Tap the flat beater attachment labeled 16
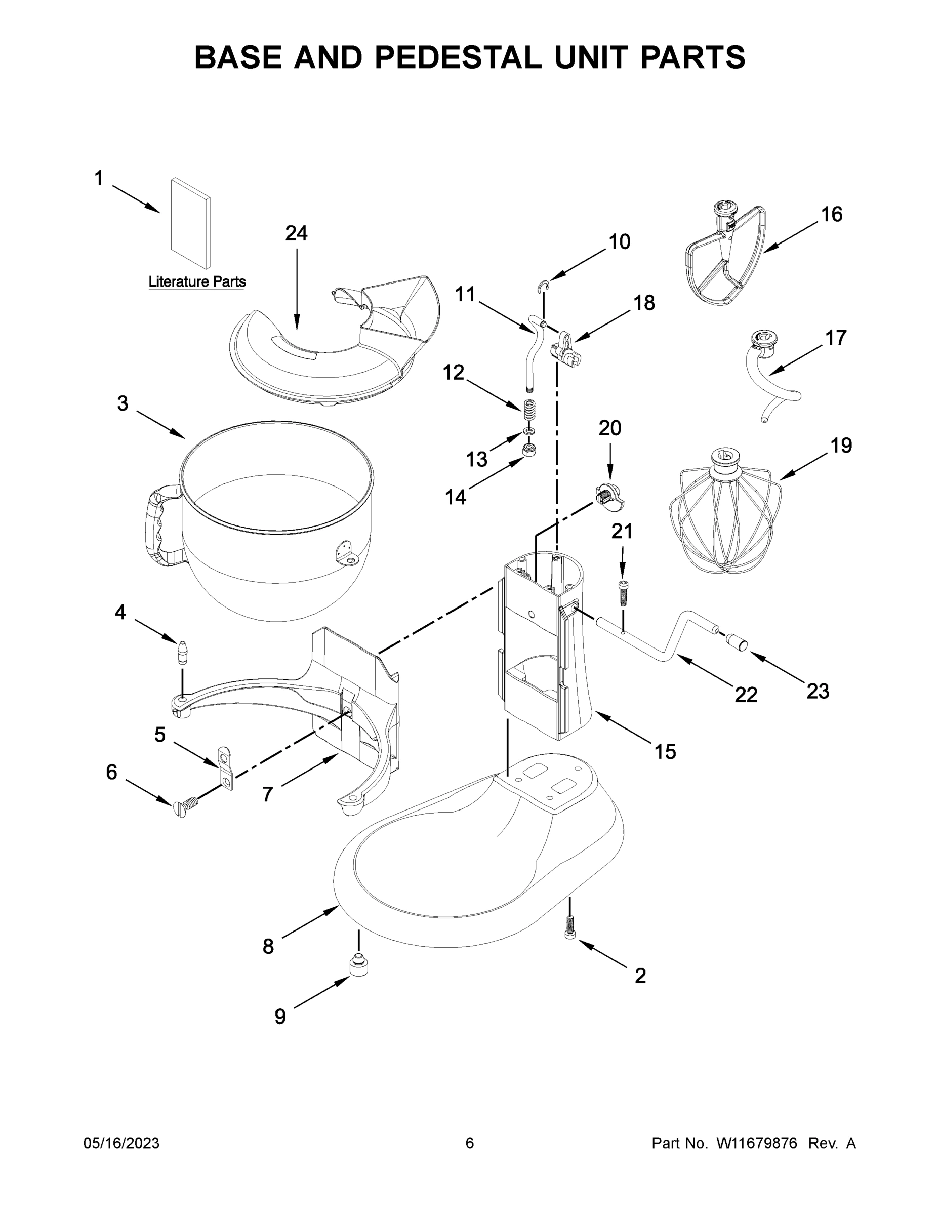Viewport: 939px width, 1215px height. click(723, 261)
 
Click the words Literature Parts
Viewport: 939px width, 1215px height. click(197, 282)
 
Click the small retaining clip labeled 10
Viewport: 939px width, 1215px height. click(544, 286)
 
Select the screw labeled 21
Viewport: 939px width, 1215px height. click(622, 593)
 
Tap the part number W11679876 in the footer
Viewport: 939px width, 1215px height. click(757, 1143)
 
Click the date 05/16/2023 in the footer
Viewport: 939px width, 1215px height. click(121, 1143)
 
